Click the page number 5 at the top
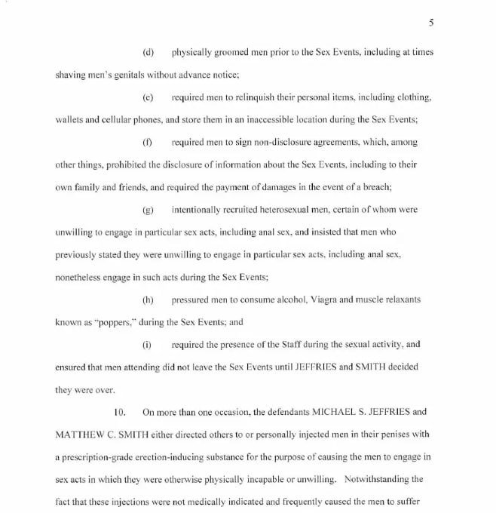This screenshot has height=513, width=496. coord(431,23)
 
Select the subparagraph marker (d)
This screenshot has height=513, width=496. coord(148,52)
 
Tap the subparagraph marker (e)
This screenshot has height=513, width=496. coord(148,98)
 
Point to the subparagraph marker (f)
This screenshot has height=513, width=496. coord(148,142)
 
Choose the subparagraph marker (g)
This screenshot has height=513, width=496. coord(148,209)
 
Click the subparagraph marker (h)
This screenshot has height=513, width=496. coord(148,300)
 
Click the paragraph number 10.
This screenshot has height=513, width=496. coord(118,412)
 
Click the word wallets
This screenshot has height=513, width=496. coord(71,120)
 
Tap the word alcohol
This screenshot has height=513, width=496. coord(284,300)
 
